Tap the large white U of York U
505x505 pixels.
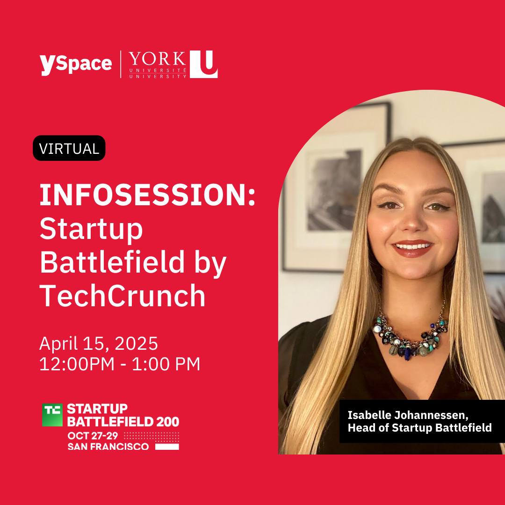click(x=203, y=64)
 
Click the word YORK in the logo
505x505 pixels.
click(x=158, y=59)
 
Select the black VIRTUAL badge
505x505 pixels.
click(x=69, y=148)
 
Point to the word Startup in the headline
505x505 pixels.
click(x=91, y=229)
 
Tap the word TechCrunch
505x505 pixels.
click(x=123, y=296)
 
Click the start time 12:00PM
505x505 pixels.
click(x=77, y=364)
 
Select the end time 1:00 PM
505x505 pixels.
click(x=166, y=364)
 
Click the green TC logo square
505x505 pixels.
click(x=52, y=415)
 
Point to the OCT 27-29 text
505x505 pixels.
click(x=93, y=436)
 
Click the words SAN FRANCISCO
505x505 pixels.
click(x=108, y=447)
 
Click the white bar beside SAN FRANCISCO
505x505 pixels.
click(x=167, y=447)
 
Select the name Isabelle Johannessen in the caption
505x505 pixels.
click(x=408, y=415)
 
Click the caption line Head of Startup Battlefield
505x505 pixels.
click(x=419, y=428)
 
